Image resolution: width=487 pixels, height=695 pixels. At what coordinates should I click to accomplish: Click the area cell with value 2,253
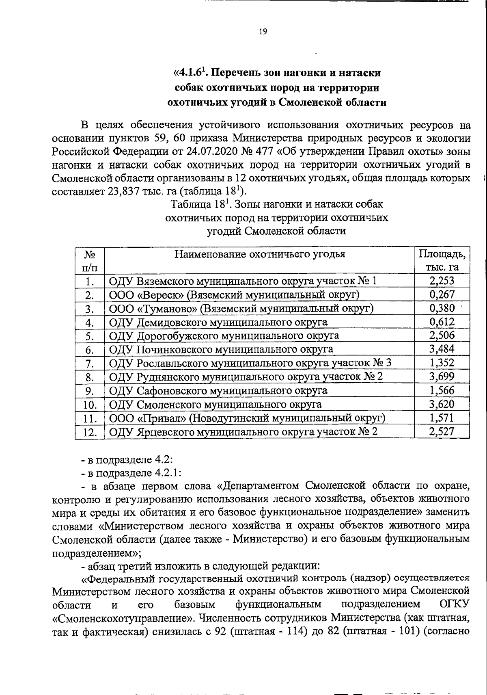[442, 281]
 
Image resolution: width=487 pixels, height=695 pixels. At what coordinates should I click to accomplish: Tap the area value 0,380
[442, 308]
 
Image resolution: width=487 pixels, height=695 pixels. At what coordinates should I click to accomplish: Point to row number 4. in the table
[90, 323]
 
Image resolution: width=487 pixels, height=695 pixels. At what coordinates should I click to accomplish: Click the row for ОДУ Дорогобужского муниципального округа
[224, 336]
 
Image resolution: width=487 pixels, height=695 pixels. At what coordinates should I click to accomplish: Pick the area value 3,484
[442, 349]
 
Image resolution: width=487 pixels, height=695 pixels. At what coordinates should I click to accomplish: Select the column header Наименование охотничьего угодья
[260, 254]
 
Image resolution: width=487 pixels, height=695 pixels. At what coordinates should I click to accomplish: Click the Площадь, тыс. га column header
[442, 260]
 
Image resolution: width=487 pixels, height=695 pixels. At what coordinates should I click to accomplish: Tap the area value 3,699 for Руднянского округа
[442, 377]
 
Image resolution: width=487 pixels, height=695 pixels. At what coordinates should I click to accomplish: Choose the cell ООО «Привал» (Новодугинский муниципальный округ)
[247, 418]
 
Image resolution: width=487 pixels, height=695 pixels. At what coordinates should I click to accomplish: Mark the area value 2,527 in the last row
[442, 431]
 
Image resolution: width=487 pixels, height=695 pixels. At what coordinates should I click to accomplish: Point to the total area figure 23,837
[123, 191]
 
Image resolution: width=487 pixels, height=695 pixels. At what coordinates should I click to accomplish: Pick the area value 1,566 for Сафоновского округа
[442, 390]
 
